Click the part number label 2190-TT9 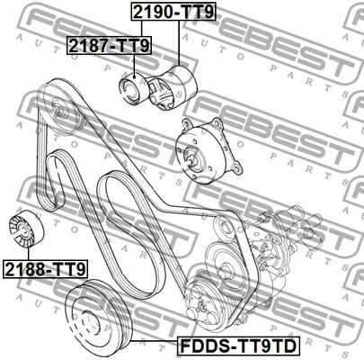[173, 12]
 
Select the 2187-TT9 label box [109, 46]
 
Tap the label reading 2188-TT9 [45, 269]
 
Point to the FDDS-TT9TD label [238, 346]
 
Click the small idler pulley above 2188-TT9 [26, 229]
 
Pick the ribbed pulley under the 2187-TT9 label [133, 90]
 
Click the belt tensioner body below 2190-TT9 [173, 87]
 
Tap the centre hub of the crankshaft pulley [91, 321]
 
